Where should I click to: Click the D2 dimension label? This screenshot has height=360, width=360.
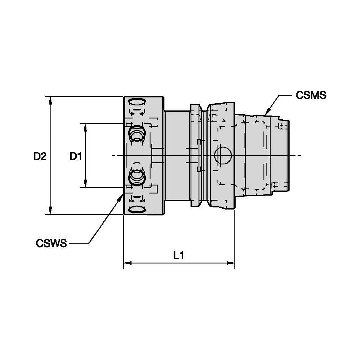pyautogui.click(x=40, y=156)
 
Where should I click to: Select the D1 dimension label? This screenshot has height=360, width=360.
pyautogui.click(x=75, y=156)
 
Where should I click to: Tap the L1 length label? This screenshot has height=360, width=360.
pyautogui.click(x=179, y=255)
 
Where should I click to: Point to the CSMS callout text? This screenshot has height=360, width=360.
pyautogui.click(x=311, y=95)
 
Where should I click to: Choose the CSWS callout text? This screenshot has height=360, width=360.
pyautogui.click(x=51, y=243)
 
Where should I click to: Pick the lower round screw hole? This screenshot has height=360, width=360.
pyautogui.click(x=137, y=177)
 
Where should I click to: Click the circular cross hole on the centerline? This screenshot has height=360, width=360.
pyautogui.click(x=223, y=156)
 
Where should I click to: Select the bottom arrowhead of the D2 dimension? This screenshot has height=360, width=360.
pyautogui.click(x=51, y=211)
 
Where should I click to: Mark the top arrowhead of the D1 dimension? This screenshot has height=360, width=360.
pyautogui.click(x=86, y=127)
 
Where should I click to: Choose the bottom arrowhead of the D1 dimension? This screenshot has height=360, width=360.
pyautogui.click(x=86, y=184)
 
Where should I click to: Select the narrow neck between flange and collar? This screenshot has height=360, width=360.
pyautogui.click(x=177, y=156)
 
